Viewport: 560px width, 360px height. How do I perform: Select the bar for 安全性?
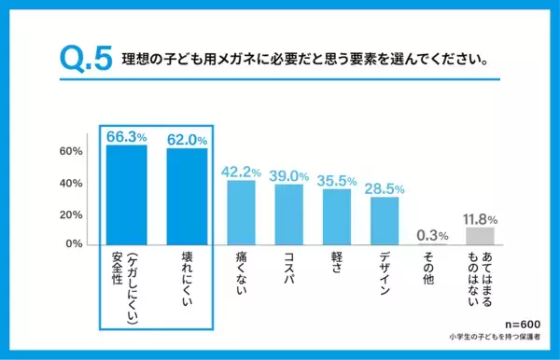126,194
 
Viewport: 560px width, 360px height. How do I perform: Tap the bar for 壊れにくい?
187,197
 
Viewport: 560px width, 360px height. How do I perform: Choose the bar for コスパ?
289,215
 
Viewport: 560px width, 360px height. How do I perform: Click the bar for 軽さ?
336,217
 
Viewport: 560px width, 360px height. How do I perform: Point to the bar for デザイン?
384,221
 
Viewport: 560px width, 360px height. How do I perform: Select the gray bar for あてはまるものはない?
480,236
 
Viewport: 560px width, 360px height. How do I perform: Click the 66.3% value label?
126,136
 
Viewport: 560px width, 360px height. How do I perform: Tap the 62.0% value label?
187,140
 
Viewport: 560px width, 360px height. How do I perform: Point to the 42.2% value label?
241,171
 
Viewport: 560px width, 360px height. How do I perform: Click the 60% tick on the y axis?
72,151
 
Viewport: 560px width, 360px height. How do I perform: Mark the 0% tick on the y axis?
75,244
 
